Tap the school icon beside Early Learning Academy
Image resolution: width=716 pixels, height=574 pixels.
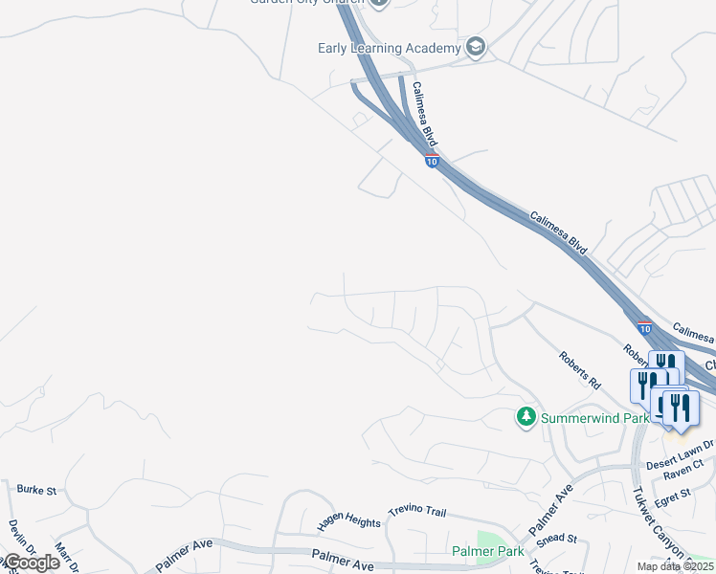click(476, 48)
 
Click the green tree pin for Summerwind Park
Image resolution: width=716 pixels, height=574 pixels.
click(526, 417)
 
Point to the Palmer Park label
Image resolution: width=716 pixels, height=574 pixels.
click(488, 552)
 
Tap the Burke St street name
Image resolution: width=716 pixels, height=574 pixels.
click(36, 490)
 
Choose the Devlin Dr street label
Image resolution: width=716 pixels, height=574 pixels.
click(17, 535)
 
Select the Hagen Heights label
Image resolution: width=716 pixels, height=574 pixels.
click(349, 521)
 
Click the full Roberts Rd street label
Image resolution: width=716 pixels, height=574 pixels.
click(580, 369)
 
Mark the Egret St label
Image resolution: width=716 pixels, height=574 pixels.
click(673, 494)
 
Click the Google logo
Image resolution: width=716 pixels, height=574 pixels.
click(31, 563)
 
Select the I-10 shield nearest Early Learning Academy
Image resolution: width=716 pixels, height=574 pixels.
click(433, 162)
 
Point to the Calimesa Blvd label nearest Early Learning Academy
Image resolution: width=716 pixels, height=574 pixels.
click(425, 112)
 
